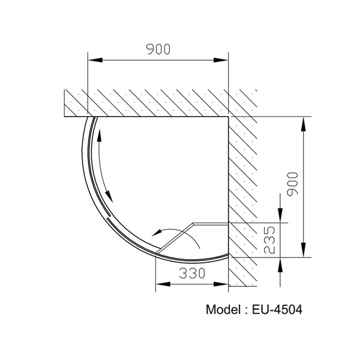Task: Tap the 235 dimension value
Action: tap(269, 239)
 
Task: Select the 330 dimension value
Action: tap(191, 274)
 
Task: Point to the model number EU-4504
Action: tap(278, 310)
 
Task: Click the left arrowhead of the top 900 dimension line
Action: tap(94, 59)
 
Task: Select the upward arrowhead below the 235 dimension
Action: tap(280, 264)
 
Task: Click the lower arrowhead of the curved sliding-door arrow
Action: tap(110, 195)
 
